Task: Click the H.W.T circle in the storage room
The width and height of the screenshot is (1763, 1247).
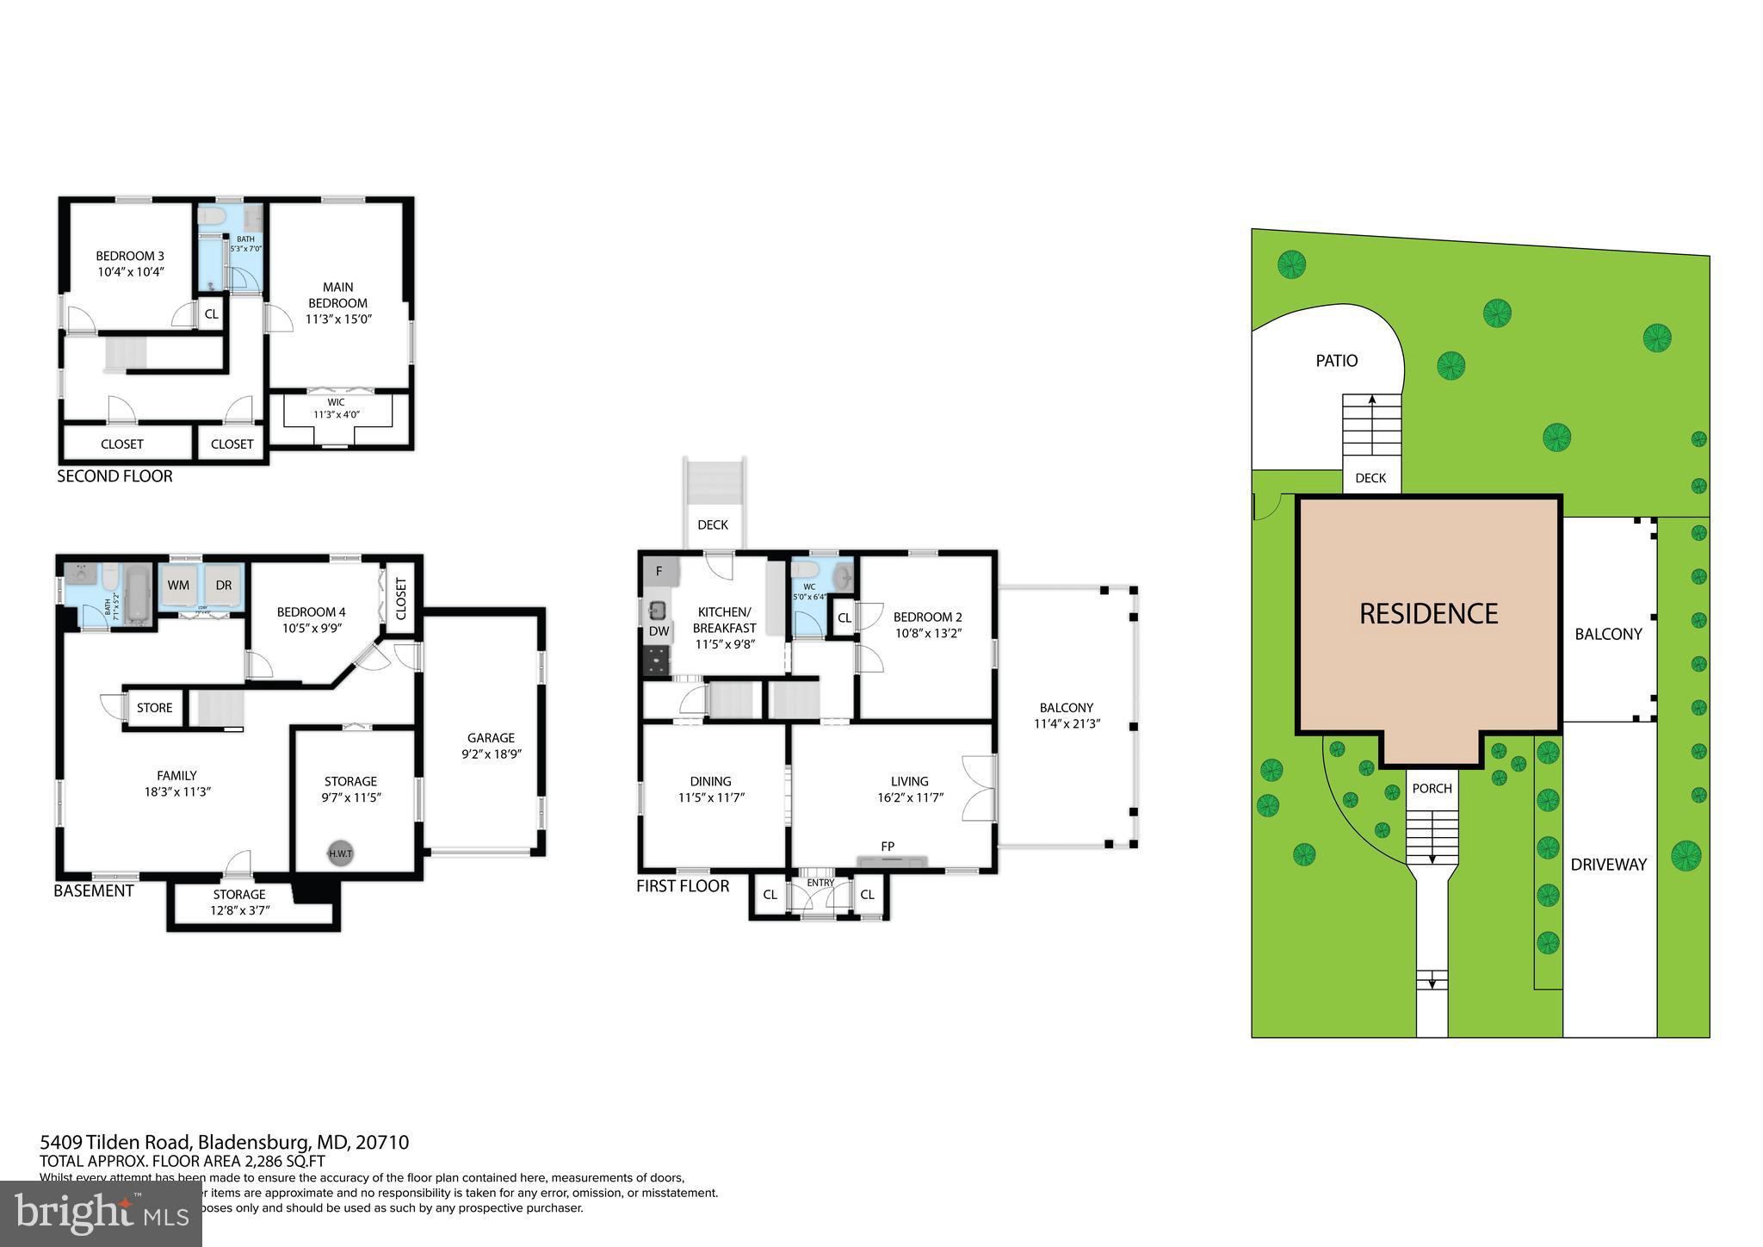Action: coord(340,853)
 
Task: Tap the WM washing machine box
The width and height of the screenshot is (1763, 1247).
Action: coord(178,586)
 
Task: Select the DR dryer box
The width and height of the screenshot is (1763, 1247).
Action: coord(224,586)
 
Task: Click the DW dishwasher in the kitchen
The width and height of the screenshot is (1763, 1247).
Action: coord(659,631)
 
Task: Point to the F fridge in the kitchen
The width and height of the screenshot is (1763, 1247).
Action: coord(659,571)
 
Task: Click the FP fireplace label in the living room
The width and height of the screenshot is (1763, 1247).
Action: coord(888,847)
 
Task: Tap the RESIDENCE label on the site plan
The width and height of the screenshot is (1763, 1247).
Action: coord(1428,613)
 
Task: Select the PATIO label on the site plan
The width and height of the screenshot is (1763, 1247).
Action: coord(1336,361)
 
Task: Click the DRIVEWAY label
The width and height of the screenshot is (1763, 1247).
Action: coord(1608,865)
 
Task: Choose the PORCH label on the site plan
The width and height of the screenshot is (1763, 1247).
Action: coord(1432,788)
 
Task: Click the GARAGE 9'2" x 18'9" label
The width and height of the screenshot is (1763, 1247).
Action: coord(491,746)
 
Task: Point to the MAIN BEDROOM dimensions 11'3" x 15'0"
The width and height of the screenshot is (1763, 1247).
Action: coord(338,319)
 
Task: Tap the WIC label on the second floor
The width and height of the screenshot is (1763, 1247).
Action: coord(336,402)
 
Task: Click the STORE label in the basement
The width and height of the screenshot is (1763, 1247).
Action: coord(154,708)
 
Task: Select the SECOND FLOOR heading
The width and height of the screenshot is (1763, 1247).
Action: coord(114,476)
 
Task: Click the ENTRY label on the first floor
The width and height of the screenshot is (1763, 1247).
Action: coord(820,883)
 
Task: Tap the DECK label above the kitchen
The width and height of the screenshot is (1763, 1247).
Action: coord(712,524)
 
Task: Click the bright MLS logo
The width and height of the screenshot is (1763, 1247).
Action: coord(101,1213)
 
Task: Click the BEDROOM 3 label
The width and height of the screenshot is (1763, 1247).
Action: coord(129,256)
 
